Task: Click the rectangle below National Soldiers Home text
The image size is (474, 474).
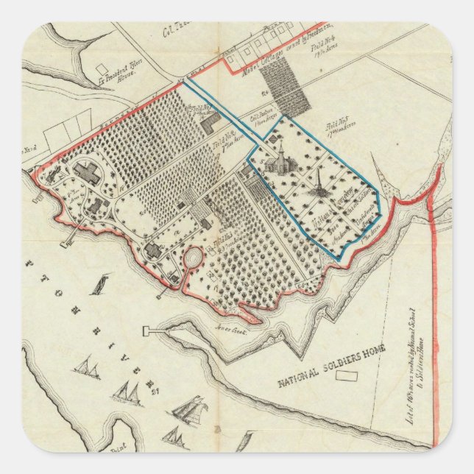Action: click(x=347, y=377)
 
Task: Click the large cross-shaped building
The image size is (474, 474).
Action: click(x=91, y=174)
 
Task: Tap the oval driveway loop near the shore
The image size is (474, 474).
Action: click(x=193, y=259)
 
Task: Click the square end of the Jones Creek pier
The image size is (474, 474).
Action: click(x=146, y=330)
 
